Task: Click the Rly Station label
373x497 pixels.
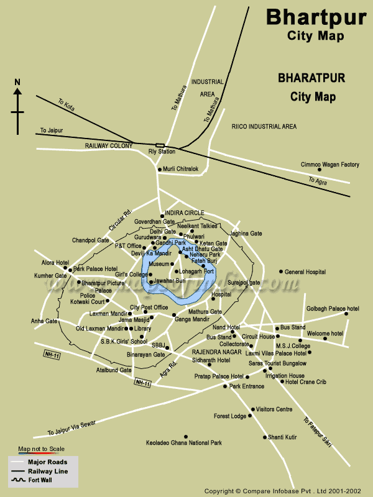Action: point(161,151)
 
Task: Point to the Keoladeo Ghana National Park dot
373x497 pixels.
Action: point(184,436)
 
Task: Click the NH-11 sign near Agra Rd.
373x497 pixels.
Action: point(143,383)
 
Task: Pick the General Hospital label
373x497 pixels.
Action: point(305,271)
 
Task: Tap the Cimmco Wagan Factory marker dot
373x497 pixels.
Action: point(320,170)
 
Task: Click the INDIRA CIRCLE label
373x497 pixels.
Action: point(185,212)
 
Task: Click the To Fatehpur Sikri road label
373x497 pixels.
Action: point(316,432)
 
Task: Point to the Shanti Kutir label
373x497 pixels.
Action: point(282,437)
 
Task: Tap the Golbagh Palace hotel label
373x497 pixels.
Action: point(333,308)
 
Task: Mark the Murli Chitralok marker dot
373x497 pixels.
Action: point(159,169)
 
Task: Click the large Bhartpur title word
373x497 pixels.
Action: point(316,16)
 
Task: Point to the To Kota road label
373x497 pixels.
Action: point(66,105)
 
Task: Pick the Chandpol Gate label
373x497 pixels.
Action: point(91,240)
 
